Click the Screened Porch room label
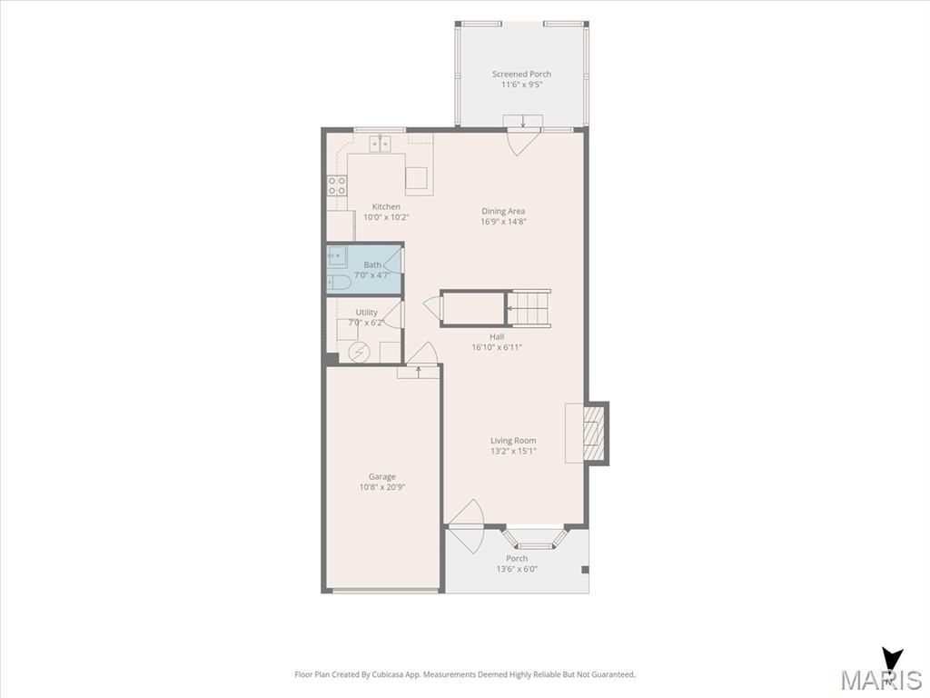(521, 75)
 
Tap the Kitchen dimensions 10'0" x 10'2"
(386, 217)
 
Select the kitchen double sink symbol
(381, 144)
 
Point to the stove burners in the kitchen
(337, 185)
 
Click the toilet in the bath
(339, 283)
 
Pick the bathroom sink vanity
(337, 257)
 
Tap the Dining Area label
(503, 211)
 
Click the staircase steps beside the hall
(531, 309)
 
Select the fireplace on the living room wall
(596, 434)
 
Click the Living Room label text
(513, 441)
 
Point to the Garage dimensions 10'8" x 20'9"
(382, 487)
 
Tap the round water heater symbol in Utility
(358, 353)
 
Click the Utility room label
(367, 313)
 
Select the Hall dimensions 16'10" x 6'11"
(497, 347)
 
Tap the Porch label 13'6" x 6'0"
(517, 563)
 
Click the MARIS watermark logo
(881, 672)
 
